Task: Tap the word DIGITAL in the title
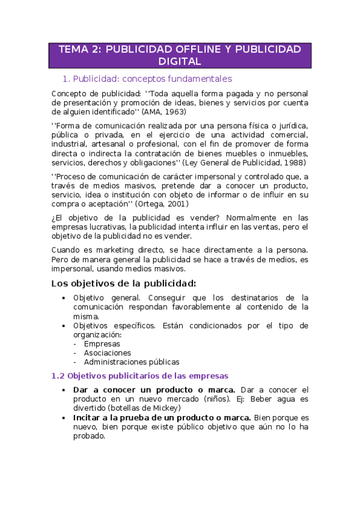[x=180, y=61]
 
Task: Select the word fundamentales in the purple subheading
[x=195, y=79]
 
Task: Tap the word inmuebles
[x=285, y=153]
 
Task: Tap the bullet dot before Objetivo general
[x=64, y=298]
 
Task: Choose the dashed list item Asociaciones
[x=108, y=353]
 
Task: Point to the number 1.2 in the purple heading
[x=58, y=376]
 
